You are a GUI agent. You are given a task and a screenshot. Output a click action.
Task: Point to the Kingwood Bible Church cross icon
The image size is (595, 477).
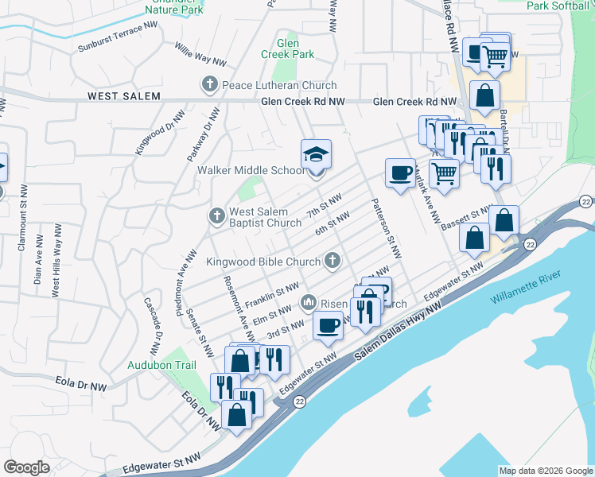[x=332, y=260]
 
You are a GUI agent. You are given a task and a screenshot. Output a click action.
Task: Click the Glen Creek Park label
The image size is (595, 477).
[x=288, y=49]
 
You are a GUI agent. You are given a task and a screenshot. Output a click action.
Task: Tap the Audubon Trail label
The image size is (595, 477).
[x=161, y=366]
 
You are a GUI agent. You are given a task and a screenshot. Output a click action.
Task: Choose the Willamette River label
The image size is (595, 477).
[x=526, y=288]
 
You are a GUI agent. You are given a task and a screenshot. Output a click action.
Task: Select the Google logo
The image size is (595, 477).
[x=27, y=467]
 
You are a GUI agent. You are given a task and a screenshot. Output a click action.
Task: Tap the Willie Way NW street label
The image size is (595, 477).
[x=200, y=54]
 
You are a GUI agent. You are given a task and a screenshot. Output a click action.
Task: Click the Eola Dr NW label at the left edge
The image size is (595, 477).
[x=81, y=385]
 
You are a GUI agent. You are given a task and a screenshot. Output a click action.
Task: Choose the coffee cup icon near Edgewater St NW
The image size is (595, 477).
[x=328, y=324]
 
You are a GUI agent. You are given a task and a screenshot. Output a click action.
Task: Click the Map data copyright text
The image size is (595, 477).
[x=546, y=471]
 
